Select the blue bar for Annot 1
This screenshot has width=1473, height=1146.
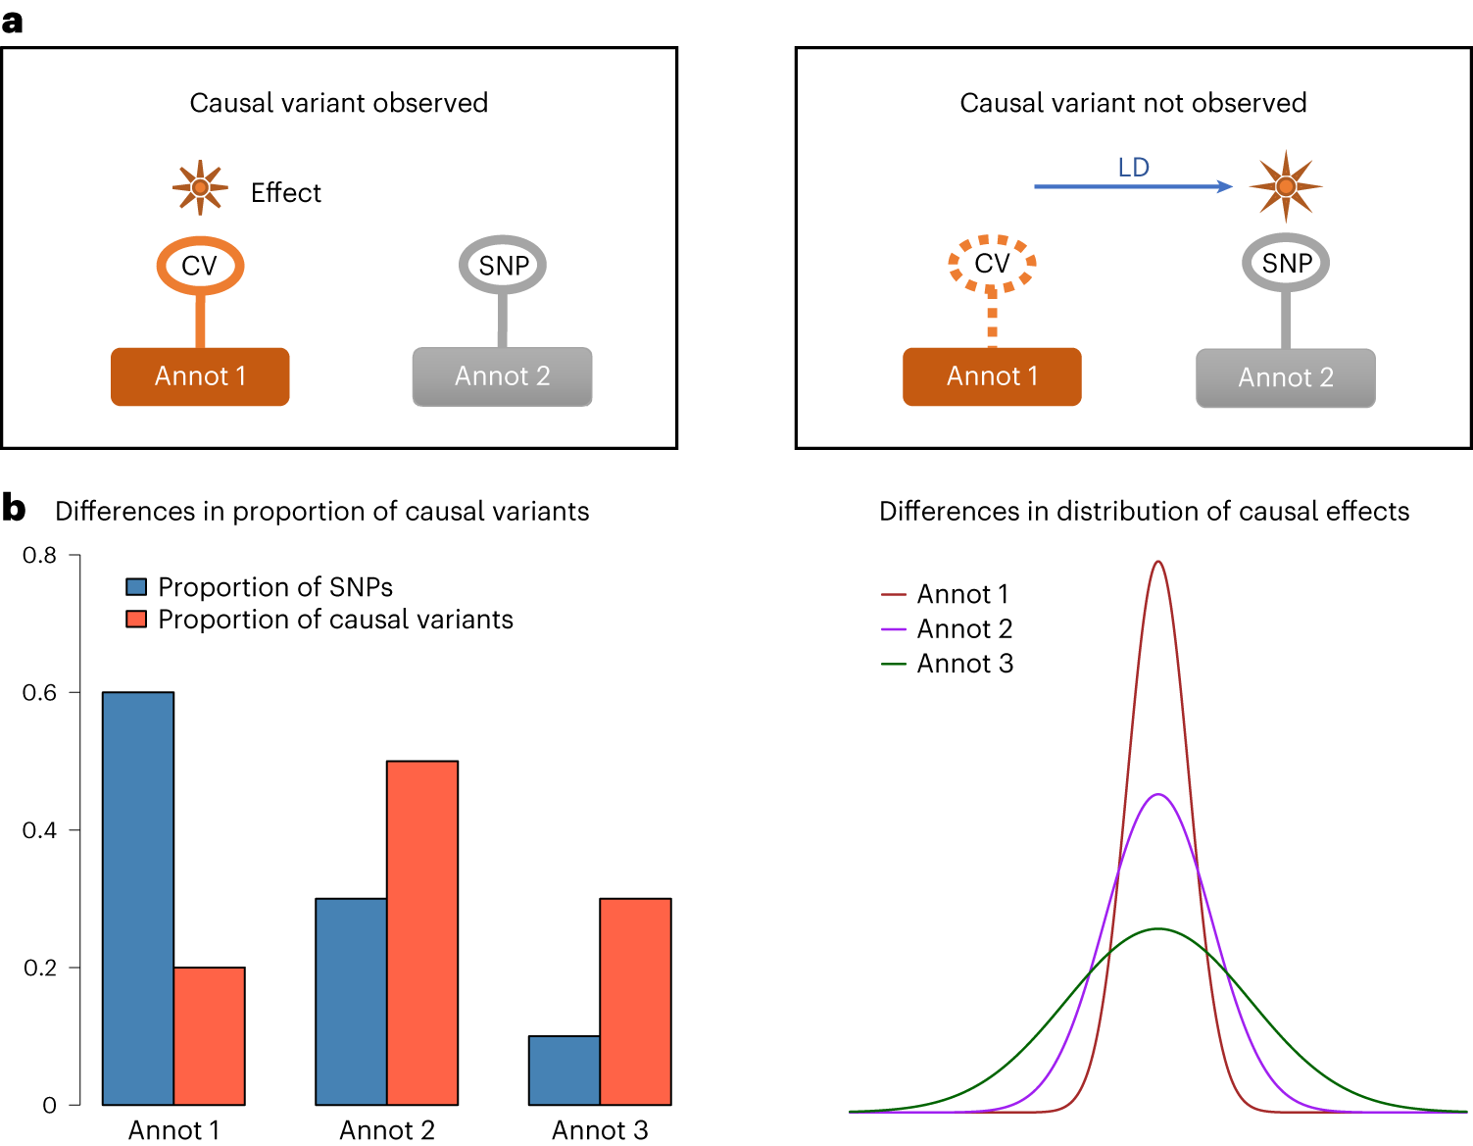[x=138, y=898]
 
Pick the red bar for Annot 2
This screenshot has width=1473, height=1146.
[x=422, y=932]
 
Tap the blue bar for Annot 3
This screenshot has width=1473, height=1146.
[x=565, y=1070]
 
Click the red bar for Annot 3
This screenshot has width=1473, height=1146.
[x=635, y=1001]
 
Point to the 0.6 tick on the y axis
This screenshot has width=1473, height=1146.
[x=74, y=692]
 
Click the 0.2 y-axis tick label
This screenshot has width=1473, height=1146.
[x=40, y=968]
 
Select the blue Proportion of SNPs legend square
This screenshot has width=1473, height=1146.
[x=136, y=587]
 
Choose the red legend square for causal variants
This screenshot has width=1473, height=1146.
[x=136, y=620]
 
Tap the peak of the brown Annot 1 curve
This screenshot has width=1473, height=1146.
[x=1158, y=563]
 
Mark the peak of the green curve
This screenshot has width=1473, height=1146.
[x=1158, y=928]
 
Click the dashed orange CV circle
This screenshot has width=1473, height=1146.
[x=992, y=263]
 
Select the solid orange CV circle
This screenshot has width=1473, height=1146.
[x=200, y=265]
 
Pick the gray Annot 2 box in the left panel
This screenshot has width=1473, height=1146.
[x=502, y=376]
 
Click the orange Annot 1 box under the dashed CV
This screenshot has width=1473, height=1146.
[x=992, y=376]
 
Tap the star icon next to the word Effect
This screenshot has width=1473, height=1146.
[x=200, y=186]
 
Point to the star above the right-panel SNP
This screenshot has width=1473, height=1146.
[x=1286, y=186]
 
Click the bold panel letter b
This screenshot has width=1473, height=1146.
[x=14, y=508]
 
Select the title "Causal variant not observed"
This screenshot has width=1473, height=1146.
[x=1133, y=103]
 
